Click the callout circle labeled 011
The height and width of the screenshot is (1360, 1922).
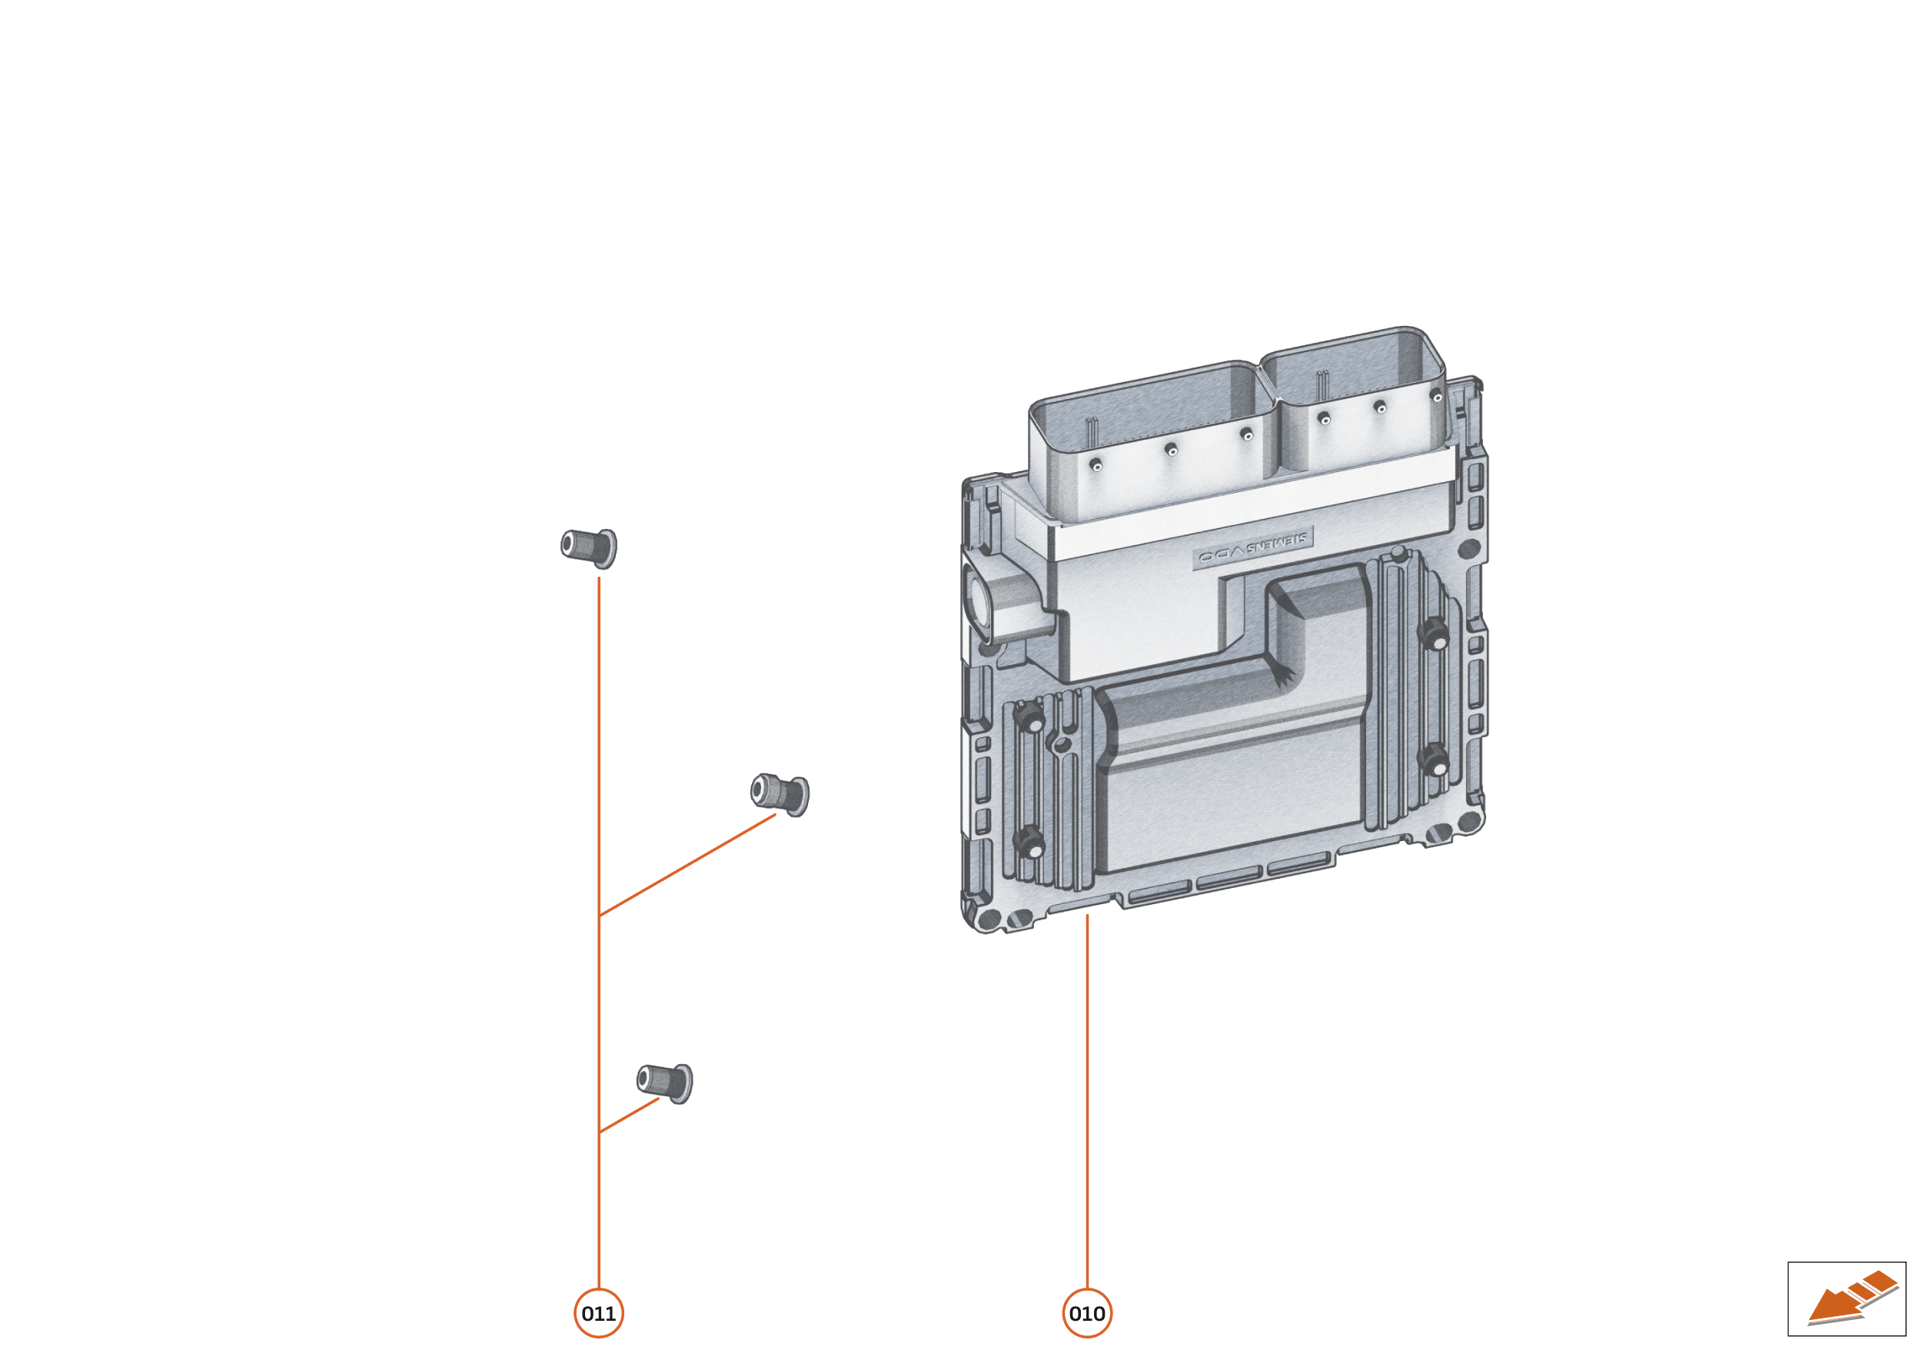point(598,1313)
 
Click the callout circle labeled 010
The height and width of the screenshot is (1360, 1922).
point(1086,1313)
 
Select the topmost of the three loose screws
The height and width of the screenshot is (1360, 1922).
point(590,547)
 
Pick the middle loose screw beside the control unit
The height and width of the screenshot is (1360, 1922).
point(780,793)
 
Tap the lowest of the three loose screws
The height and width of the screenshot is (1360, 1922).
point(665,1082)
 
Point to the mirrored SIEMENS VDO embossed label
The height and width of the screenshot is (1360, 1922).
point(1252,550)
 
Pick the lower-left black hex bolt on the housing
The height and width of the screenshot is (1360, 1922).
point(1031,842)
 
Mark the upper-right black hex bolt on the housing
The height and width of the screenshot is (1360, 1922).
point(1435,634)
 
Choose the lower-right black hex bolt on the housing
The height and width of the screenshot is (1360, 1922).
point(1435,760)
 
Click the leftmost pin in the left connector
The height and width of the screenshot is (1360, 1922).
point(1096,466)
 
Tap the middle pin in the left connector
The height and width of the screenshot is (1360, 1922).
point(1172,451)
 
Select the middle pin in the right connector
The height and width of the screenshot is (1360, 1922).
point(1380,407)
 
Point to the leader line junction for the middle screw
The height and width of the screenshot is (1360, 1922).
point(599,916)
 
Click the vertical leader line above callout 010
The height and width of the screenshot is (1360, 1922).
point(1086,1089)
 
